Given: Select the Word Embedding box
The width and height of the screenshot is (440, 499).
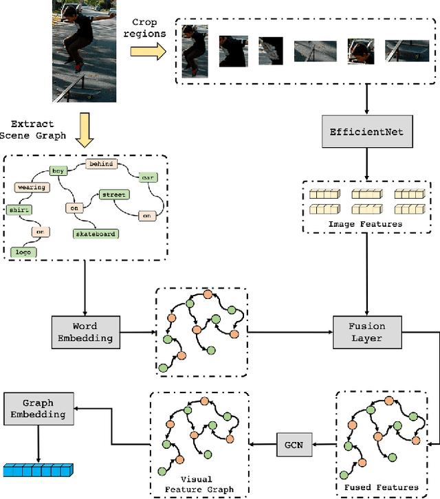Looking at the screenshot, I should point(85,332).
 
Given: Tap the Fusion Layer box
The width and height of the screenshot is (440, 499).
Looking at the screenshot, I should point(367,332).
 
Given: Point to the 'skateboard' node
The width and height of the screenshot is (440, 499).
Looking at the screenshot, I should point(96,234).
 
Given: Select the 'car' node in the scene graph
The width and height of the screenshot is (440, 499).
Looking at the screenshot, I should point(147,177).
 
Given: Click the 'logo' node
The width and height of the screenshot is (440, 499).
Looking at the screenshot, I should point(23,252).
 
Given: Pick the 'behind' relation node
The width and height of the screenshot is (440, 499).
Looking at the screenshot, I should point(101,164).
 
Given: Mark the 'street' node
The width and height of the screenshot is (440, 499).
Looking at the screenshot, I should point(115,195).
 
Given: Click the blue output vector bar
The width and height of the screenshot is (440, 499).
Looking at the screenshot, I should point(38,471).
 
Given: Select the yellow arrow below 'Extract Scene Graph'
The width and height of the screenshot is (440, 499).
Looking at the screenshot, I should point(85,131).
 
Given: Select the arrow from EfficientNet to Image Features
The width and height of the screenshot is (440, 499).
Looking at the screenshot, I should point(366,165).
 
